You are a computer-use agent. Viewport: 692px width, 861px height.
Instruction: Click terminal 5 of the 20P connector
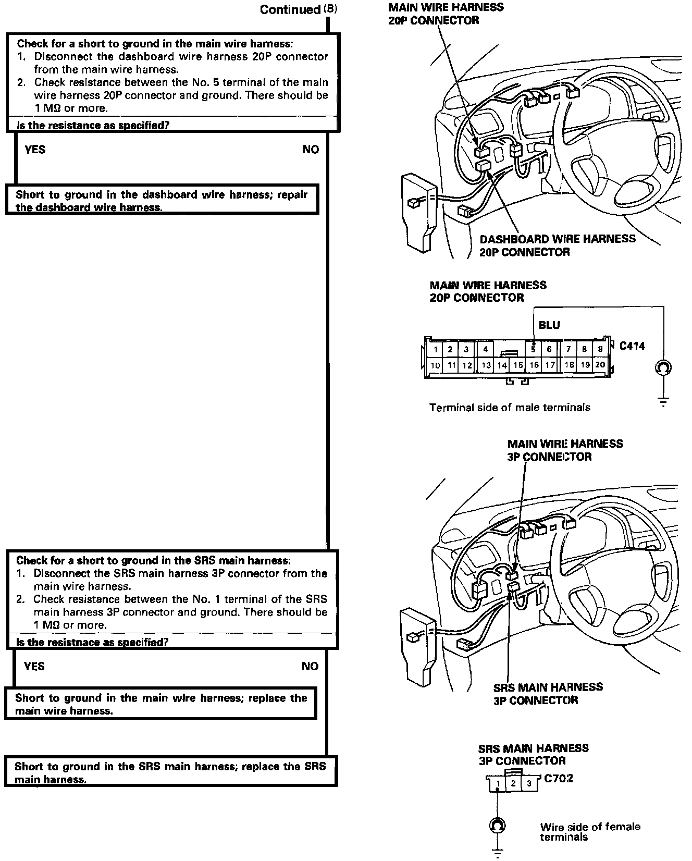coord(533,349)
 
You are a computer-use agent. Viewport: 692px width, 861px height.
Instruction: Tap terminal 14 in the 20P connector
coord(502,365)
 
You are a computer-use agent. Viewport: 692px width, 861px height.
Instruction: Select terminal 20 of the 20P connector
coord(600,365)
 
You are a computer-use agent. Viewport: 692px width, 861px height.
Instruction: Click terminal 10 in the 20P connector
coord(435,365)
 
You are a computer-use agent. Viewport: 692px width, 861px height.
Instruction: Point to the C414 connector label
coord(632,346)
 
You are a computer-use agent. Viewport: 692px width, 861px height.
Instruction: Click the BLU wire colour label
coord(549,325)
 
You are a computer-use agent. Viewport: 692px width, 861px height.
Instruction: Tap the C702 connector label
coord(559,779)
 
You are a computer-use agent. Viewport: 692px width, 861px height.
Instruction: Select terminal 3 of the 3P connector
coord(529,783)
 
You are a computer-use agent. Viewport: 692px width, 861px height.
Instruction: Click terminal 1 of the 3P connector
coord(498,783)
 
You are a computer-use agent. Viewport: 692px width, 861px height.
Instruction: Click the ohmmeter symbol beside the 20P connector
coord(663,367)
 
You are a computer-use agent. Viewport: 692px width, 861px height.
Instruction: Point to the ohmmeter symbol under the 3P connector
coord(498,826)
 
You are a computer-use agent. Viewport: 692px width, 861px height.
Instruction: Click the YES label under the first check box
coord(35,150)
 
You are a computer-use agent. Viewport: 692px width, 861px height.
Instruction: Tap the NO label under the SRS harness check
coord(310,666)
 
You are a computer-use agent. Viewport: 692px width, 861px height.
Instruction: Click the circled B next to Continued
coord(330,9)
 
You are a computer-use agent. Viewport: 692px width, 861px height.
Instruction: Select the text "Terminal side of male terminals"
coord(510,408)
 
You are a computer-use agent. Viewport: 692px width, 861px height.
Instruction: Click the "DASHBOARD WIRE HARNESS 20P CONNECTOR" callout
coord(557,245)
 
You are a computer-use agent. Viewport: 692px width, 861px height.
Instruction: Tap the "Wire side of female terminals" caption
coord(590,832)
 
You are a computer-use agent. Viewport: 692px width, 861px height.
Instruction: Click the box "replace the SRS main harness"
coord(170,772)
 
